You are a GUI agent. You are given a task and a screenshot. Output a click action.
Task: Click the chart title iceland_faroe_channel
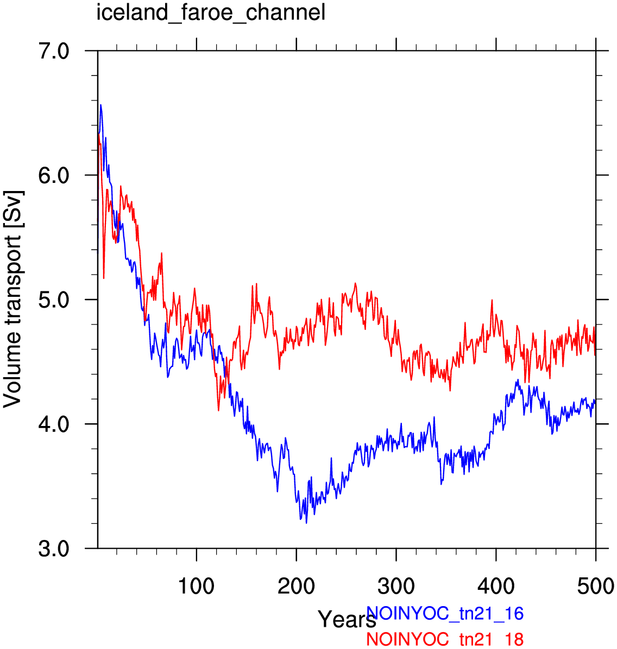pyautogui.click(x=211, y=12)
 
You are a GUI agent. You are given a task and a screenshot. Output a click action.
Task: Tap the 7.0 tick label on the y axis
pyautogui.click(x=53, y=52)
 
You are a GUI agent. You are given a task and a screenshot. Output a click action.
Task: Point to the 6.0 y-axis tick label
pyautogui.click(x=53, y=175)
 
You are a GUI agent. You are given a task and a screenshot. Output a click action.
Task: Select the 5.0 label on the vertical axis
pyautogui.click(x=53, y=300)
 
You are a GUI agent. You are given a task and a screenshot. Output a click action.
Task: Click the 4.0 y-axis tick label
pyautogui.click(x=53, y=425)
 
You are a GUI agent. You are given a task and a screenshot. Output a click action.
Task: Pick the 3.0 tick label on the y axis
pyautogui.click(x=53, y=549)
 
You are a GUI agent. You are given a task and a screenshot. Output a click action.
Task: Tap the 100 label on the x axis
pyautogui.click(x=196, y=586)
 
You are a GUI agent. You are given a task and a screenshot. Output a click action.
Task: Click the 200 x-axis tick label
pyautogui.click(x=296, y=586)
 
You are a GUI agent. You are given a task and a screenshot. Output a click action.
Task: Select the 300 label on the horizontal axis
pyautogui.click(x=396, y=586)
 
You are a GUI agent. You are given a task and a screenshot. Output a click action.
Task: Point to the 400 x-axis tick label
pyautogui.click(x=496, y=586)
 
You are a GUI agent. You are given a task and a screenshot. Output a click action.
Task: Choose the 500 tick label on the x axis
pyautogui.click(x=595, y=586)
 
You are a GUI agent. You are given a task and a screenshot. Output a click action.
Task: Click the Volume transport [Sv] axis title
pyautogui.click(x=12, y=299)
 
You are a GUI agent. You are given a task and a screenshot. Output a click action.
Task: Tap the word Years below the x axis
pyautogui.click(x=347, y=620)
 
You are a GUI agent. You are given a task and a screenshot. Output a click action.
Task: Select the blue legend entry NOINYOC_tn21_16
pyautogui.click(x=445, y=613)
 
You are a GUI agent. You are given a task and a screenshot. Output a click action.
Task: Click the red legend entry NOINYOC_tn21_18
pyautogui.click(x=445, y=639)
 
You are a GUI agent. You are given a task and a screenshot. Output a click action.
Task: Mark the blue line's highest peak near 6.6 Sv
pyautogui.click(x=100, y=105)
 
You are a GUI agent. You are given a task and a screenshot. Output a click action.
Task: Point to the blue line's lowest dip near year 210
pyautogui.click(x=306, y=523)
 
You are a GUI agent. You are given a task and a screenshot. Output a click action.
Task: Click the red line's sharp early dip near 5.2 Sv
pyautogui.click(x=104, y=278)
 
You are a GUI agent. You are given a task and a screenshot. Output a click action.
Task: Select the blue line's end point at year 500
pyautogui.click(x=595, y=400)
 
